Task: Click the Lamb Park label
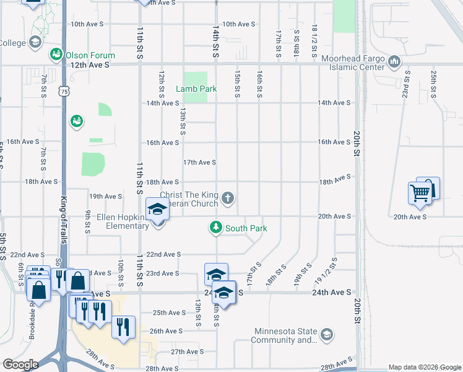[x=196, y=89]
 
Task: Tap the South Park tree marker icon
[x=215, y=228]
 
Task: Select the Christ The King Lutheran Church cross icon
[x=228, y=198]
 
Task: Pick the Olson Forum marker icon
[x=56, y=54]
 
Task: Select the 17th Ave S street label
[x=199, y=162]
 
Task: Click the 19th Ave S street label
[x=105, y=196]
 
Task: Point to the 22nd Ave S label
[x=163, y=254]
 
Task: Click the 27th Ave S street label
[x=187, y=352]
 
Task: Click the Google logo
[x=20, y=365]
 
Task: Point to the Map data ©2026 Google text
[x=424, y=367]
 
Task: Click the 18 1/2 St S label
[x=314, y=37]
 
